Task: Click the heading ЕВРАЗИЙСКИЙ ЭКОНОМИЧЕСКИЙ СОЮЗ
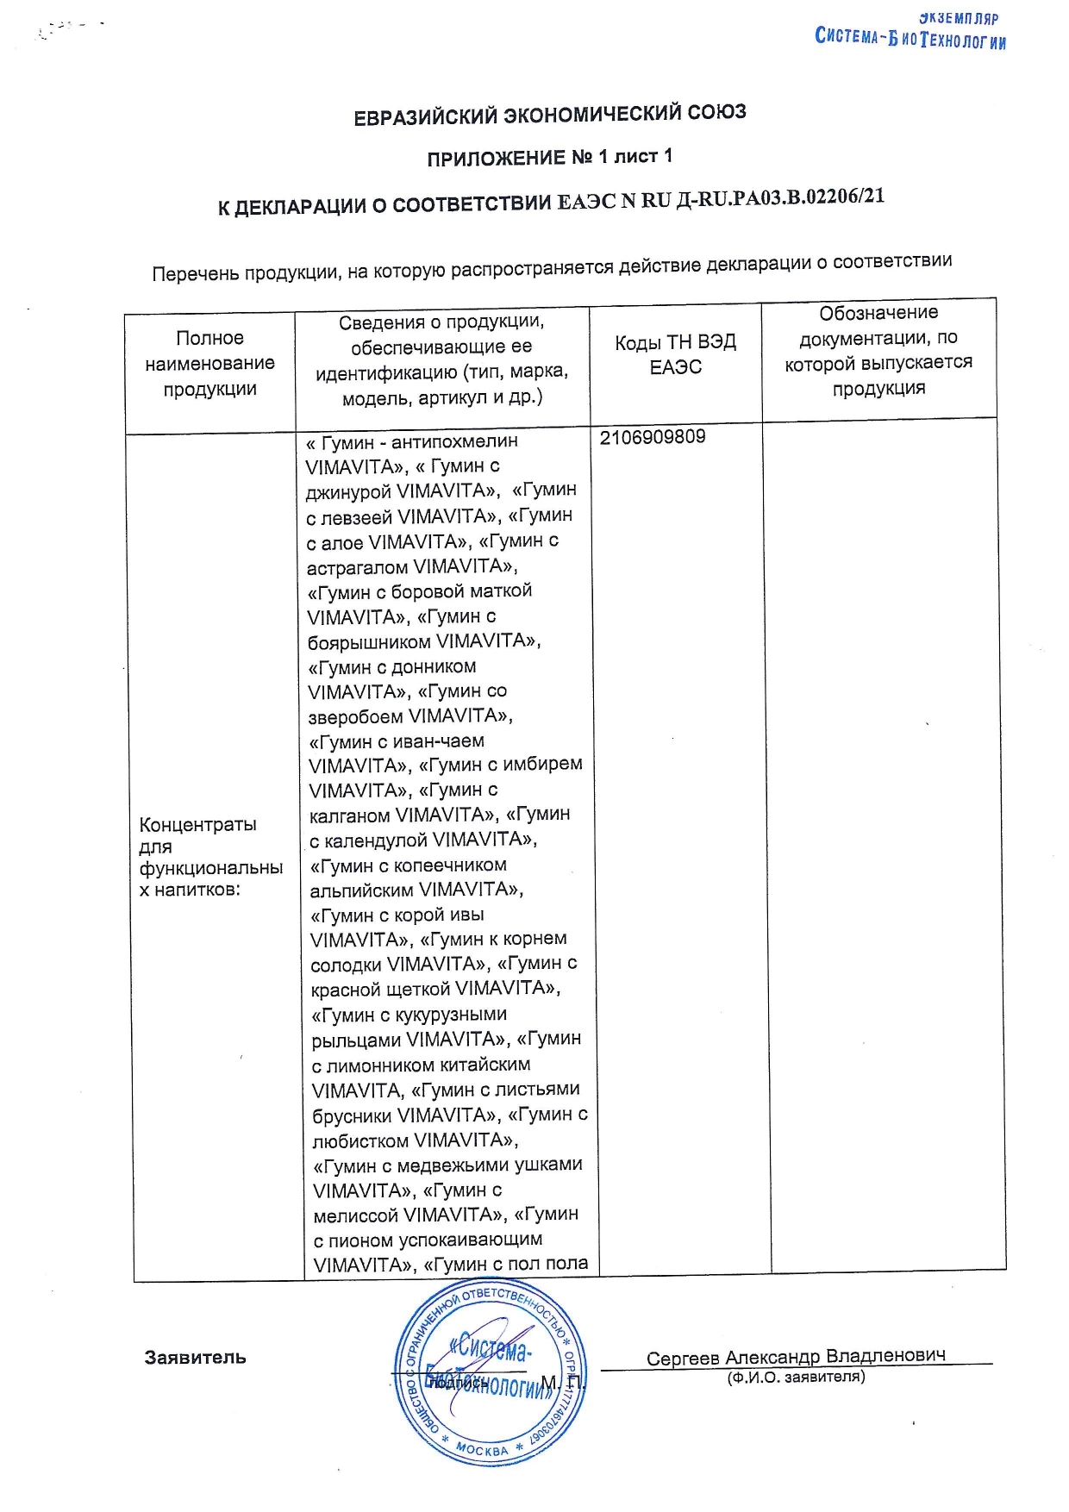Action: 550,115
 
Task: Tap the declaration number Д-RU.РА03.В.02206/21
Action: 780,197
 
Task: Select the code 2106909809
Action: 653,437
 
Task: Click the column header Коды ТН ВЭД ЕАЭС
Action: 675,354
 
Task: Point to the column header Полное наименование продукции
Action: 209,363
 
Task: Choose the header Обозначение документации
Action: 878,350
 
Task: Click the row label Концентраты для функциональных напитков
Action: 210,857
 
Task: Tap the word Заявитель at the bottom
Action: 195,1358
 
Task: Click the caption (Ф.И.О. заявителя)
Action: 796,1378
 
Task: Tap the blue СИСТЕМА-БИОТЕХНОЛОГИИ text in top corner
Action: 910,39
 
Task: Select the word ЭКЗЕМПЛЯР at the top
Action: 958,18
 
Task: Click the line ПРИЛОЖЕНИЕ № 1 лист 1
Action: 549,158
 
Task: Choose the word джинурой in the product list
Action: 349,491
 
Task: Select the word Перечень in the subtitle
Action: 195,274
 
